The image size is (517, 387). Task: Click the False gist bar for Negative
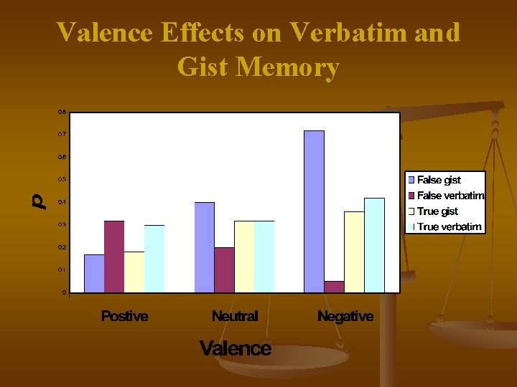(314, 211)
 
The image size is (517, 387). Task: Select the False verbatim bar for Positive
(114, 257)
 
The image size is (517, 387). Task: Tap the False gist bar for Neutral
(205, 247)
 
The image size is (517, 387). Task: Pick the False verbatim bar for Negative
(334, 287)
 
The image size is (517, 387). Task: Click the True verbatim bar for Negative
(374, 245)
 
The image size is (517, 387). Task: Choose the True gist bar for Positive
(134, 272)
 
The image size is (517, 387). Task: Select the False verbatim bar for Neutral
(225, 270)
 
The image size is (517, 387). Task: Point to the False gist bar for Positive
(94, 274)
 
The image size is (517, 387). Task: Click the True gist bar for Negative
(354, 252)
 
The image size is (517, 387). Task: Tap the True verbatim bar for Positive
(154, 259)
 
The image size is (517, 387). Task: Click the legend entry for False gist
(439, 180)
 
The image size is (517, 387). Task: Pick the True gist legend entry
(437, 211)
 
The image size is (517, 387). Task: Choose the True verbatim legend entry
(449, 227)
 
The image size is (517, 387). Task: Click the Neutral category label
(235, 316)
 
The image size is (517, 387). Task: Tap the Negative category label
(345, 316)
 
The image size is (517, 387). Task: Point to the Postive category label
(125, 316)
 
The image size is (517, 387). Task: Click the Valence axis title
(236, 349)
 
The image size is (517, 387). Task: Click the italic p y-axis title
(41, 201)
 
